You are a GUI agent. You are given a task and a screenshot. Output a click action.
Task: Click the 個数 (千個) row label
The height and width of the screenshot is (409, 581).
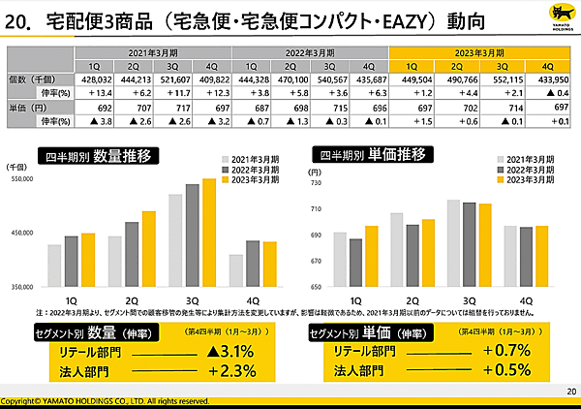click(x=29, y=78)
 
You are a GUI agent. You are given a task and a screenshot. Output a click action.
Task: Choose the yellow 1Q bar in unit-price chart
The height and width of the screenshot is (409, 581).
click(x=373, y=256)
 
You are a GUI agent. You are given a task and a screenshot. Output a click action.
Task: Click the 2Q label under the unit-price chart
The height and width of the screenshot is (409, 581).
click(x=413, y=299)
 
